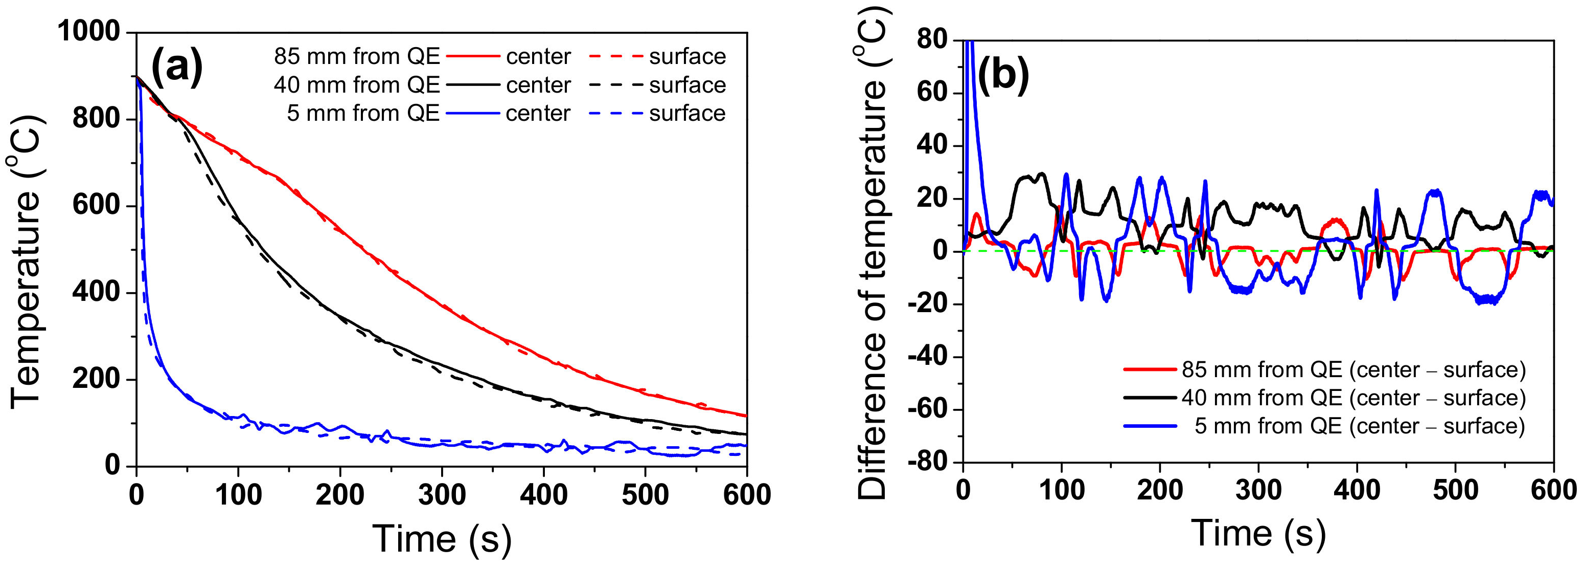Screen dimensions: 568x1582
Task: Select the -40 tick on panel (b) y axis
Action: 933,357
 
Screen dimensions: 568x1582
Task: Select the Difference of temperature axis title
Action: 872,252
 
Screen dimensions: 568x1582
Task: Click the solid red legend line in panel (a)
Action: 473,57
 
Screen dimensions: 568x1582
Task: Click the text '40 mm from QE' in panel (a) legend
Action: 357,85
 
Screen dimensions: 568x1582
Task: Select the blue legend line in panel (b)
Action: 1150,425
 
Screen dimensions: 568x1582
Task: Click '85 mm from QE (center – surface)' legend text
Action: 1353,369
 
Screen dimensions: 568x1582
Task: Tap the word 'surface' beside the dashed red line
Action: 687,57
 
